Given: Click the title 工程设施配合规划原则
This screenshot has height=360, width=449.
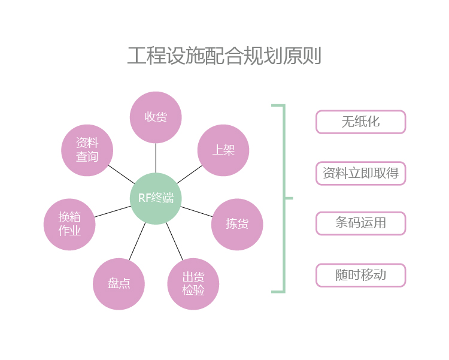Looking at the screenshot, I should (224, 56).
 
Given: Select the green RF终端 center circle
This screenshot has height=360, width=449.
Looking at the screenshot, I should (156, 198).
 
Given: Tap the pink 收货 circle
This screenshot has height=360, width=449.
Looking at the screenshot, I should (156, 117).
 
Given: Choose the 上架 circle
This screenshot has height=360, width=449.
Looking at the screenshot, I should (223, 150).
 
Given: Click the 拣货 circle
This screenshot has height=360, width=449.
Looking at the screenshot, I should (237, 224).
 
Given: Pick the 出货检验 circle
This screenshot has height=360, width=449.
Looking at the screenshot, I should (193, 284).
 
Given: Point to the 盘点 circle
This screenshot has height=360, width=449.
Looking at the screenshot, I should (119, 284).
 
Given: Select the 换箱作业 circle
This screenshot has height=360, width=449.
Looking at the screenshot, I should (69, 224).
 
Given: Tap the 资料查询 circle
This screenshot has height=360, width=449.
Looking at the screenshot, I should (87, 150).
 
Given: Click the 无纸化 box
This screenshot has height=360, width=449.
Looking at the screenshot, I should (360, 122).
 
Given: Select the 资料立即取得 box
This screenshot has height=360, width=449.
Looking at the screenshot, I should (360, 173).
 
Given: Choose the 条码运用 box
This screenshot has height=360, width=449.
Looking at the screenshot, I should (360, 223).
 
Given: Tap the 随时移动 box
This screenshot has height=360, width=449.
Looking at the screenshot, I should (360, 275).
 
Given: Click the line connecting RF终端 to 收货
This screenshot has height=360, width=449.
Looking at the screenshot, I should (156, 158).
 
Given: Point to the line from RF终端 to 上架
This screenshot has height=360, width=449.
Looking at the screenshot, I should (189, 174).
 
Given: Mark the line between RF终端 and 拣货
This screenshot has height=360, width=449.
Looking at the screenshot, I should (196, 211).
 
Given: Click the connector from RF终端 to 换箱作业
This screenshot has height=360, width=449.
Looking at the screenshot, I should (113, 211).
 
